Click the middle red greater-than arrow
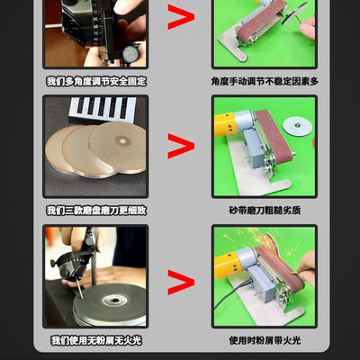180,148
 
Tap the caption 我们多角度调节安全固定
95,81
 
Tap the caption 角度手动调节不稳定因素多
264,81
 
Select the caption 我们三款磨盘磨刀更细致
95,211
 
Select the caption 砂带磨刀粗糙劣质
264,211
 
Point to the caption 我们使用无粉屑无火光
95,340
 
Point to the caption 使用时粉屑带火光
264,340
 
